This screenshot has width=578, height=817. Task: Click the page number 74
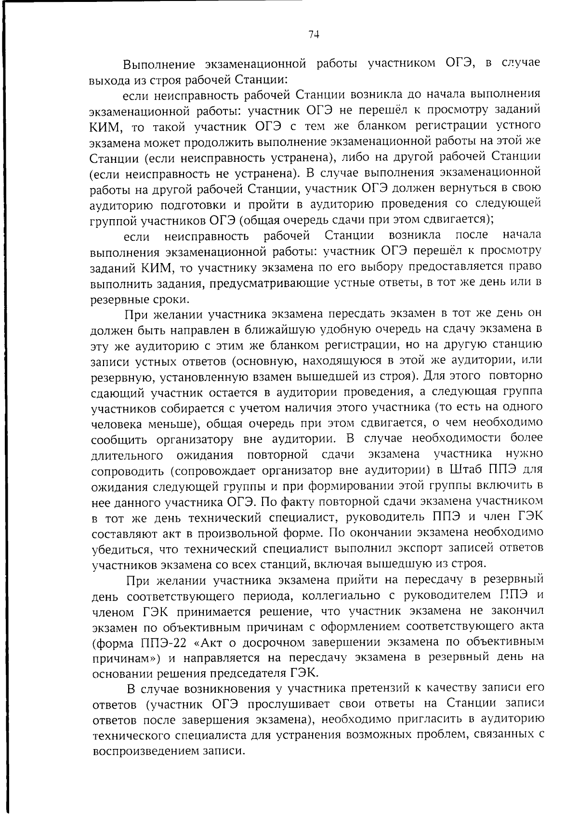point(314,34)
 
